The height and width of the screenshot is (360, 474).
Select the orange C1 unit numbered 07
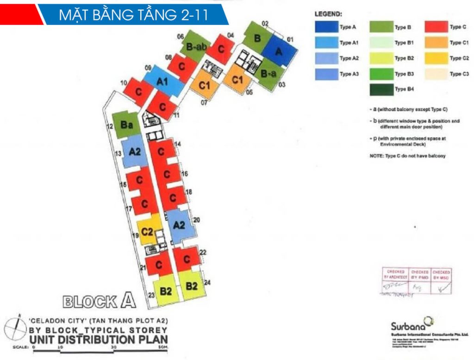point(204,84)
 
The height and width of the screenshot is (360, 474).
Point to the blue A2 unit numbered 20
point(180,226)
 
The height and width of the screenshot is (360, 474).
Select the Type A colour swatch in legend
point(325,27)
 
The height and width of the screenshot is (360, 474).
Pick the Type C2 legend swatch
point(435,58)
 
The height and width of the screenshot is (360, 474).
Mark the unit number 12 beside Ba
point(110,126)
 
